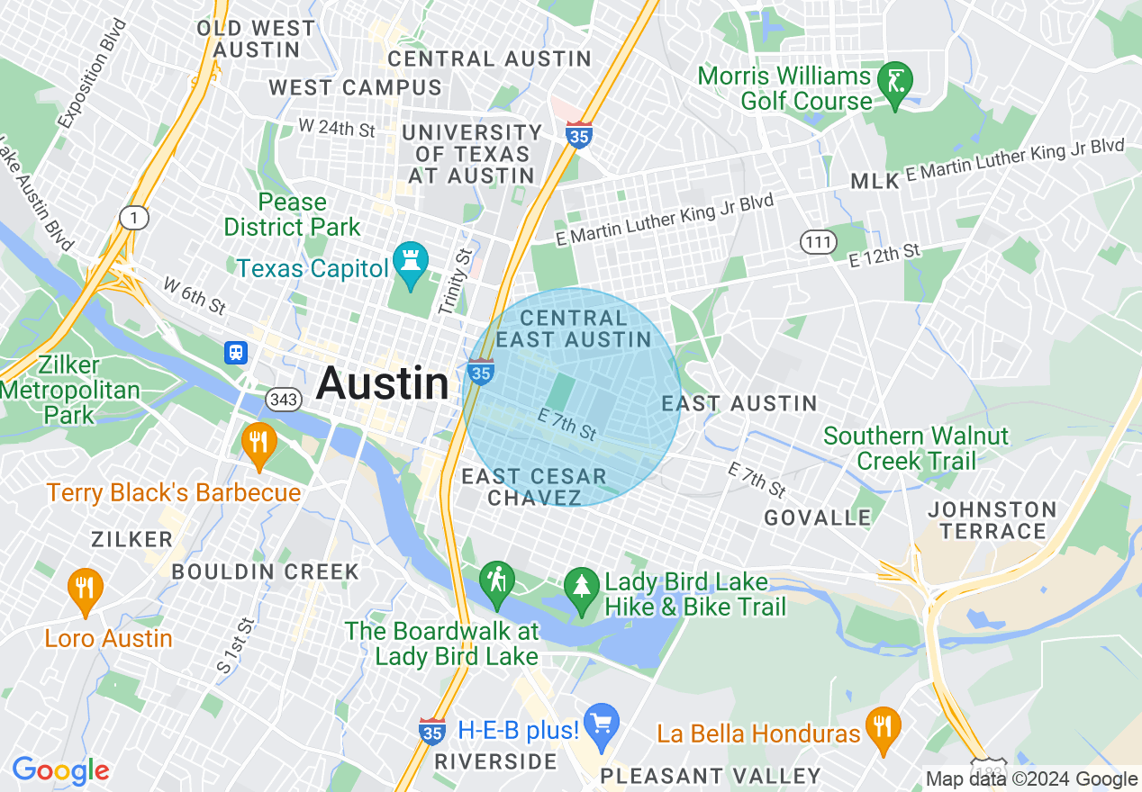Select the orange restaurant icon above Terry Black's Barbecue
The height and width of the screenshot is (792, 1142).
coord(258,443)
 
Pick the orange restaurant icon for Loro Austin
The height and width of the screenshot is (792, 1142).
coord(86,589)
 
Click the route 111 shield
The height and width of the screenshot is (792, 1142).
coord(818,241)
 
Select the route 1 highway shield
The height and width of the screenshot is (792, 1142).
coord(132,216)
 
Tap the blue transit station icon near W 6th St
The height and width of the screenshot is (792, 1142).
coord(236,352)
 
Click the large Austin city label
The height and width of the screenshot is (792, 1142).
coord(382,384)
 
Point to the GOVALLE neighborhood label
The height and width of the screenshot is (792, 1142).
coord(817,517)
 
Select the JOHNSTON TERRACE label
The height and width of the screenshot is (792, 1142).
coord(992,520)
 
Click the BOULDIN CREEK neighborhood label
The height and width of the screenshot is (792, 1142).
coord(265,571)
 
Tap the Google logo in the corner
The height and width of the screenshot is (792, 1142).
coord(60,771)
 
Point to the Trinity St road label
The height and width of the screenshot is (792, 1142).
coord(455,282)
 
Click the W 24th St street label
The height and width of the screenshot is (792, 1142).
coord(336,128)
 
